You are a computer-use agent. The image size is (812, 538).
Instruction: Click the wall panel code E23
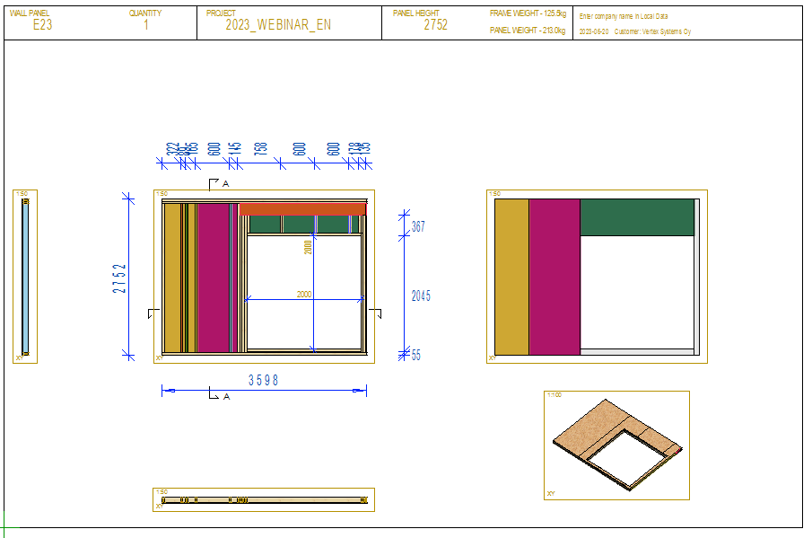[42, 25]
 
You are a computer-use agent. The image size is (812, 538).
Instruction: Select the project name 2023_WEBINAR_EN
[277, 25]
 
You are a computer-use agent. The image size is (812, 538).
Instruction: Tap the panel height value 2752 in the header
[435, 25]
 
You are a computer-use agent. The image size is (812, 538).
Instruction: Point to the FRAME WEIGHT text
[528, 14]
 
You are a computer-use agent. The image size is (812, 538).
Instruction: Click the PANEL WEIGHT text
[528, 31]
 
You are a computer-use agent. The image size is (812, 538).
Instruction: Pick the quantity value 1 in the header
[146, 25]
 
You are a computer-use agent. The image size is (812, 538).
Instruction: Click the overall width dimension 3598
[263, 381]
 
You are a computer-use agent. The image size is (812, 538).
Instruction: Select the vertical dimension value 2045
[420, 295]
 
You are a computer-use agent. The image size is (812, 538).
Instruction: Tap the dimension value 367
[417, 228]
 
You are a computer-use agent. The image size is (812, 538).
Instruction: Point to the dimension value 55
[415, 356]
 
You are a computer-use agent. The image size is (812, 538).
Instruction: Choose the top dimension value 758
[260, 149]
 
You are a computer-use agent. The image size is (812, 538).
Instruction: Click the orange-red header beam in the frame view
[302, 209]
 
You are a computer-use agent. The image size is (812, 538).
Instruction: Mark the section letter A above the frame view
[226, 183]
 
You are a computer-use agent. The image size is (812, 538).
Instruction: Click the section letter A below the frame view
[226, 396]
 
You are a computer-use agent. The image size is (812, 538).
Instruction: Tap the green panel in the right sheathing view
[637, 217]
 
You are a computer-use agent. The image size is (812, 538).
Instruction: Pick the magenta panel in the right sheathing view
[554, 277]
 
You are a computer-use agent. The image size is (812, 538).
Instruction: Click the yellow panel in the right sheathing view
[511, 277]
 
